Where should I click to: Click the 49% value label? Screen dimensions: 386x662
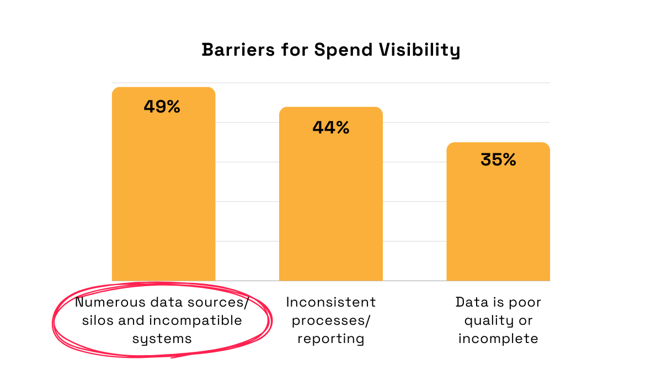[x=162, y=106]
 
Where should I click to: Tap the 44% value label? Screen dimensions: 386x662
[x=330, y=127]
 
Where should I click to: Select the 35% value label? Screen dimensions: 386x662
[x=498, y=159]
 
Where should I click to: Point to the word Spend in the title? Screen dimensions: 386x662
[x=341, y=50]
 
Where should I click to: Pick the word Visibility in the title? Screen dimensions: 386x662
[x=419, y=50]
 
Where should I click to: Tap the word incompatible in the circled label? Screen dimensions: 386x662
[x=195, y=320]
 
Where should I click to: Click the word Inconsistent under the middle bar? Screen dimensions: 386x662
[x=331, y=302]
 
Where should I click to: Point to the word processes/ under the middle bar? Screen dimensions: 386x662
[x=331, y=320]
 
